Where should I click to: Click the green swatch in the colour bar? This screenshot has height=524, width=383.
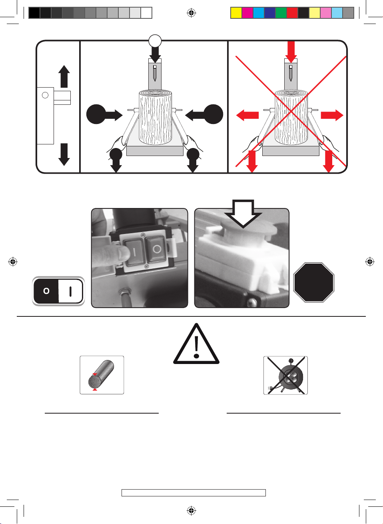pos(281,13)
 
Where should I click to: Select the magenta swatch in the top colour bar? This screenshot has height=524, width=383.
pos(247,13)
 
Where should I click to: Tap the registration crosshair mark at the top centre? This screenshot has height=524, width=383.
pos(191,13)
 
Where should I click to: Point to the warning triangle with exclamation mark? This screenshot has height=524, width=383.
pos(196,344)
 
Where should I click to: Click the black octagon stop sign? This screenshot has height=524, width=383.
pos(314,282)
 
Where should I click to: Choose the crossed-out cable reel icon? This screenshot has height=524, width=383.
pos(285,375)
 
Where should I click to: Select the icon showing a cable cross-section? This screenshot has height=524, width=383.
pos(102,375)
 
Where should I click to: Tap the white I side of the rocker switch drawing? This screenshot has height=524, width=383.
pos(70,291)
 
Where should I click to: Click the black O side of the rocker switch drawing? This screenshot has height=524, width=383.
pos(46,291)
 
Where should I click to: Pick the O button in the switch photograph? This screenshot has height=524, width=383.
pos(157,250)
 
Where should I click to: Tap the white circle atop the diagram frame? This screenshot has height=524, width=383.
pos(155,41)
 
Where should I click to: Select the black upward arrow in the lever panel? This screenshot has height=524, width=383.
pos(64,76)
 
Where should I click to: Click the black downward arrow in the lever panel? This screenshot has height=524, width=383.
pos(64,155)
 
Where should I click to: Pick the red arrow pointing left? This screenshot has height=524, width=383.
pos(247,115)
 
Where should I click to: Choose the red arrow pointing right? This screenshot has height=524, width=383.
pos(332,115)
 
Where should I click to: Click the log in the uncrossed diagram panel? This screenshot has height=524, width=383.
pos(155,117)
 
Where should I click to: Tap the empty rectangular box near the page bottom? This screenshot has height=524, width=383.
pos(193,492)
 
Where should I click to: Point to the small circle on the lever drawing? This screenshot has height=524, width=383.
pos(45,95)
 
